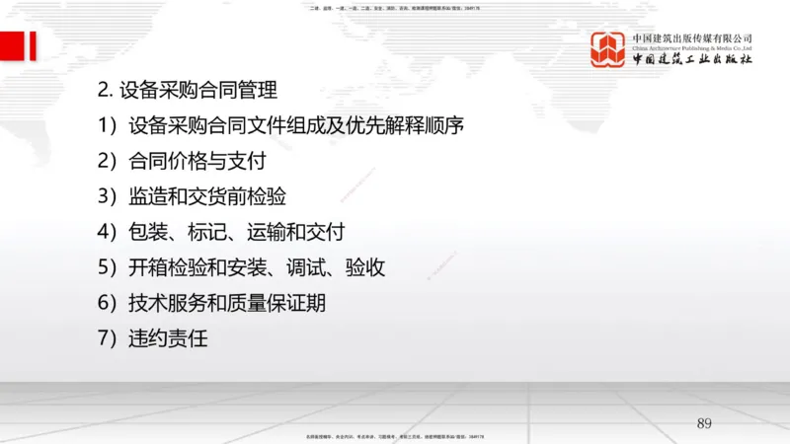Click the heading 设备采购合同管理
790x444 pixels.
(197, 91)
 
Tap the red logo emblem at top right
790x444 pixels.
(608, 49)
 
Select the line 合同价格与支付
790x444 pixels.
(197, 162)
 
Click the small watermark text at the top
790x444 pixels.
(395, 8)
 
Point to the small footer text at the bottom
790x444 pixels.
(395, 436)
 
